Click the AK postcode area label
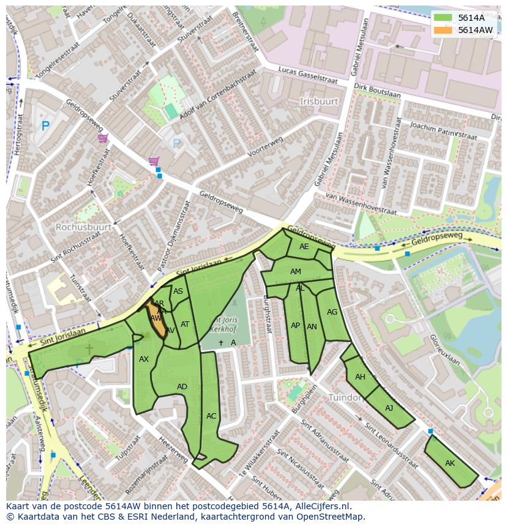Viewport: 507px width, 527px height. click(450, 463)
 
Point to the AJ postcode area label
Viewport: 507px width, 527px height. click(389, 408)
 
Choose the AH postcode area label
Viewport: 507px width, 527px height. click(360, 377)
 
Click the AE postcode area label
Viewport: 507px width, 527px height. click(304, 247)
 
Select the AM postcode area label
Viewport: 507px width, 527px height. click(296, 272)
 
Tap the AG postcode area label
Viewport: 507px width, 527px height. click(332, 312)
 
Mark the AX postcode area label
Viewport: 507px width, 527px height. click(144, 359)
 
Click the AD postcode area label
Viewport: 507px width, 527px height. click(182, 387)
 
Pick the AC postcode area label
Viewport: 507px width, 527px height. click(211, 416)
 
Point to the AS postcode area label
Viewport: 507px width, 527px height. click(178, 291)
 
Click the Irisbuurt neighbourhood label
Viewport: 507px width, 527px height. click(318, 100)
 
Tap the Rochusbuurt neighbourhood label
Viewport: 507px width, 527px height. click(83, 227)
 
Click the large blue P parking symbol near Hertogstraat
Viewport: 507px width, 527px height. click(45, 126)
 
